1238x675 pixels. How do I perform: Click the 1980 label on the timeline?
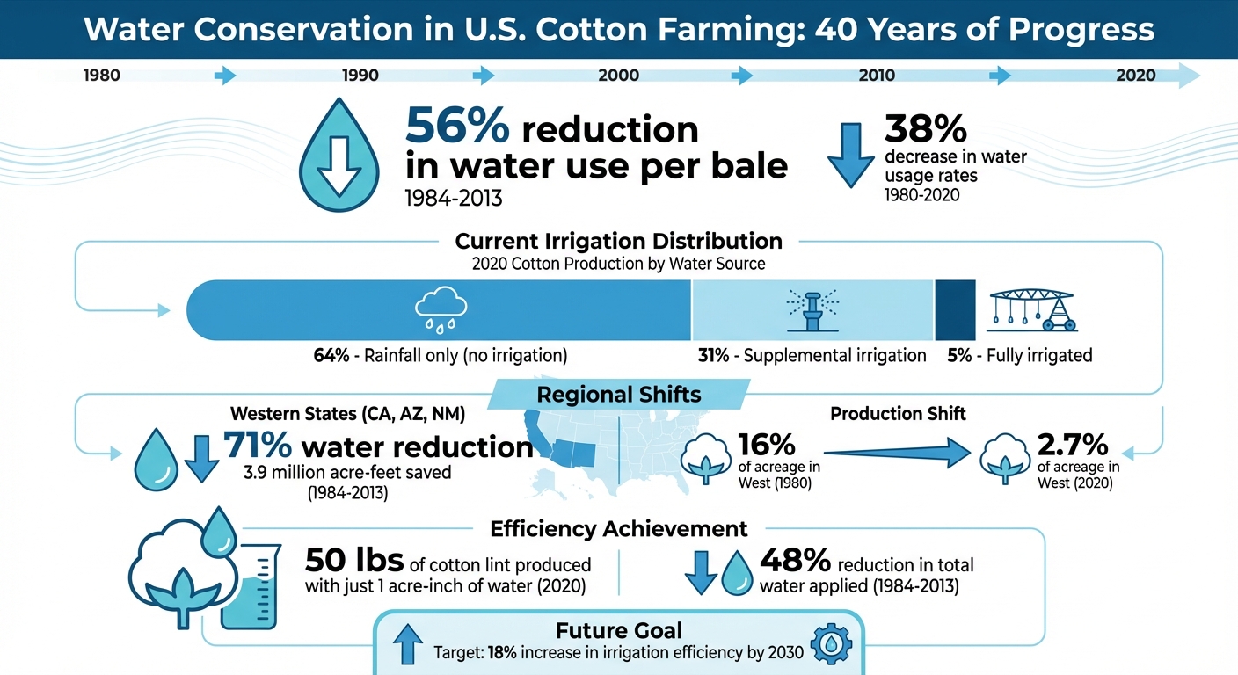pos(101,76)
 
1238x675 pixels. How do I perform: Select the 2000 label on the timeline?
pos(618,76)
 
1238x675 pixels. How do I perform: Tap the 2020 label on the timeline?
pos(1135,76)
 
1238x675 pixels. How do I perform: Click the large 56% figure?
pos(456,128)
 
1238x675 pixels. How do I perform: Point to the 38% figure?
pos(925,129)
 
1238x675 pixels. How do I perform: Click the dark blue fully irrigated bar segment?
pos(955,310)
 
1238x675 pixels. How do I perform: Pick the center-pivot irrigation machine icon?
pos(1034,309)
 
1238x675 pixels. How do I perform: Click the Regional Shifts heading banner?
pos(619,394)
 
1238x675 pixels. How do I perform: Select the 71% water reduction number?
pos(257,446)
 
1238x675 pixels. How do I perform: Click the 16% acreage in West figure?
pos(767,444)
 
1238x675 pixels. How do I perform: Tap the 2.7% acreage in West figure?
pos(1072,444)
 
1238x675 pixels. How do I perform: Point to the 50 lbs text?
pos(353,559)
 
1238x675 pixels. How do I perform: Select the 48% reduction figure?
pos(795,559)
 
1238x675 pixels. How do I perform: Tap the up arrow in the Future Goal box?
pos(406,645)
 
